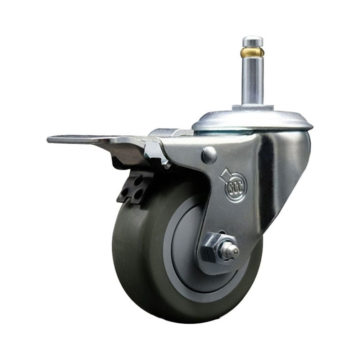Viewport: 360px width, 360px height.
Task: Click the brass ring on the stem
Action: [x=252, y=53]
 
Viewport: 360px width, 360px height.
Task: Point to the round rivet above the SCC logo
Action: [x=210, y=155]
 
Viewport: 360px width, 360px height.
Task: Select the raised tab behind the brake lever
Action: [x=169, y=132]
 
